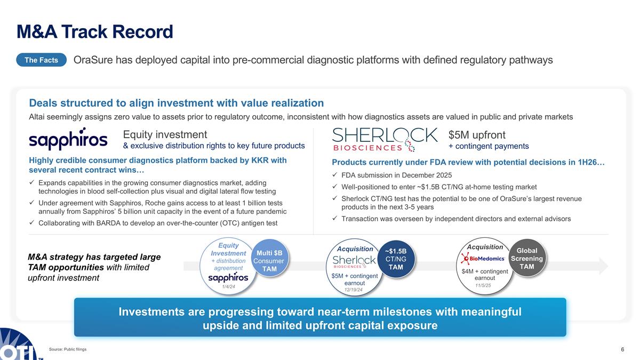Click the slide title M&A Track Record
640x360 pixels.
pos(95,32)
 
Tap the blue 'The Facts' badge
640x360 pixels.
pos(41,60)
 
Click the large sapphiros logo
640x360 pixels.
pos(68,140)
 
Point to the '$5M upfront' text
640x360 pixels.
pos(477,135)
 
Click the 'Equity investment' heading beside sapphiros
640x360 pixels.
pos(165,135)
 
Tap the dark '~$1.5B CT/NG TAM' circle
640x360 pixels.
pos(396,259)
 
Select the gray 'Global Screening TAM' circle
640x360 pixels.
pos(526,259)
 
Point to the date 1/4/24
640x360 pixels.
pos(228,287)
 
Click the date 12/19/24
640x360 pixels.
pos(354,290)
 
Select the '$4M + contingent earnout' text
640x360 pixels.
pos(485,274)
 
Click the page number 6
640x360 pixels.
pos(622,349)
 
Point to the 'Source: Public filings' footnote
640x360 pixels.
pos(67,349)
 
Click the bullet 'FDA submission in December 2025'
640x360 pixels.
pos(397,175)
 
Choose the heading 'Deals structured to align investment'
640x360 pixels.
pos(176,103)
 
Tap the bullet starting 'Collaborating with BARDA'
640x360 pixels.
pos(158,222)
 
